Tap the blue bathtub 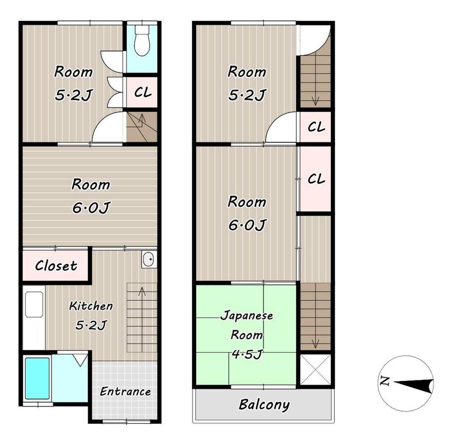tap(37, 378)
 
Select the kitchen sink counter tap(34, 317)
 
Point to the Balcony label tap(264, 405)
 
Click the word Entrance tap(125, 391)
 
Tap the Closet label tap(56, 266)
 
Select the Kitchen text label tap(91, 306)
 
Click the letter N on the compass tap(385, 381)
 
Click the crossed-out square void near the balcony tap(316, 369)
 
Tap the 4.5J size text tap(247, 354)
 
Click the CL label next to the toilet tap(143, 92)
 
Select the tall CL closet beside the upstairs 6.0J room tap(316, 179)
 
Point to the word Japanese tap(247, 315)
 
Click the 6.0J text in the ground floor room tap(91, 207)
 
